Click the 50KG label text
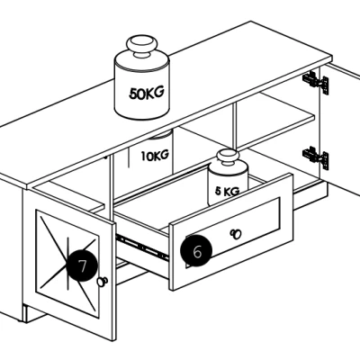click(x=147, y=93)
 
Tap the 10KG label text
click(x=155, y=156)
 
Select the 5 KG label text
click(x=228, y=191)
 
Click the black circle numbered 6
click(x=196, y=251)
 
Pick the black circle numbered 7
click(x=82, y=265)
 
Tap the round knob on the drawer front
click(x=236, y=234)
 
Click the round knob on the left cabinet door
click(x=103, y=282)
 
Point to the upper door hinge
click(x=316, y=82)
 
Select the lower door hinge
click(x=316, y=157)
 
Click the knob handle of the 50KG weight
click(x=141, y=47)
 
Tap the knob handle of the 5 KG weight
click(x=228, y=158)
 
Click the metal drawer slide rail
click(x=141, y=247)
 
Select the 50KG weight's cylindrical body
click(x=142, y=87)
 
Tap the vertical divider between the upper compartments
click(x=234, y=126)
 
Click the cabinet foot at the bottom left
click(x=35, y=314)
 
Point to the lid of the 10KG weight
click(x=161, y=134)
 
